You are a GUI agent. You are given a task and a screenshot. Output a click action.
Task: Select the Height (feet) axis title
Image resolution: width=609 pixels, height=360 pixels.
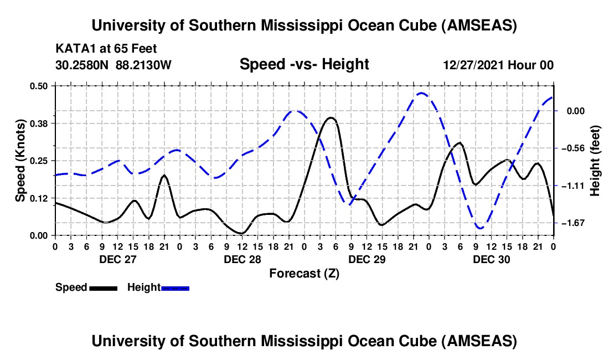point(595,160)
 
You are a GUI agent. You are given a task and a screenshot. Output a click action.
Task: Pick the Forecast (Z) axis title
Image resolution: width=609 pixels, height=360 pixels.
point(303,273)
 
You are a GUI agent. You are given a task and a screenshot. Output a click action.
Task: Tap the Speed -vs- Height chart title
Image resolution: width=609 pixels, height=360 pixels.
point(304,65)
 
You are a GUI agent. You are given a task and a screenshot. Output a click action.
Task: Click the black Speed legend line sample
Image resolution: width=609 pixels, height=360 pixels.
point(103,288)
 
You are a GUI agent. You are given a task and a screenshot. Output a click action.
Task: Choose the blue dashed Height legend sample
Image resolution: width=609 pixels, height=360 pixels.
point(175,288)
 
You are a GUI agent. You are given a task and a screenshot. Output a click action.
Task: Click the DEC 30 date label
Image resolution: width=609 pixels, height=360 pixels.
point(491,259)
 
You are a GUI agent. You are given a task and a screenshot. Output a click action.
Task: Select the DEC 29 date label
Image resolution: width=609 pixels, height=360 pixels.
point(366,259)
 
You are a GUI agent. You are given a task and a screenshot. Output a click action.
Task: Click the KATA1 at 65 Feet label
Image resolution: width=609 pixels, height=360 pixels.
point(106,49)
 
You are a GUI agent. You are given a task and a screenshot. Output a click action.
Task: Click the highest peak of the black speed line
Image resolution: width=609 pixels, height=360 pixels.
point(331,117)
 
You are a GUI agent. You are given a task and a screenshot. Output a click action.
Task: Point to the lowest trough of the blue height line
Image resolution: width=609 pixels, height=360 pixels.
point(480,228)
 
